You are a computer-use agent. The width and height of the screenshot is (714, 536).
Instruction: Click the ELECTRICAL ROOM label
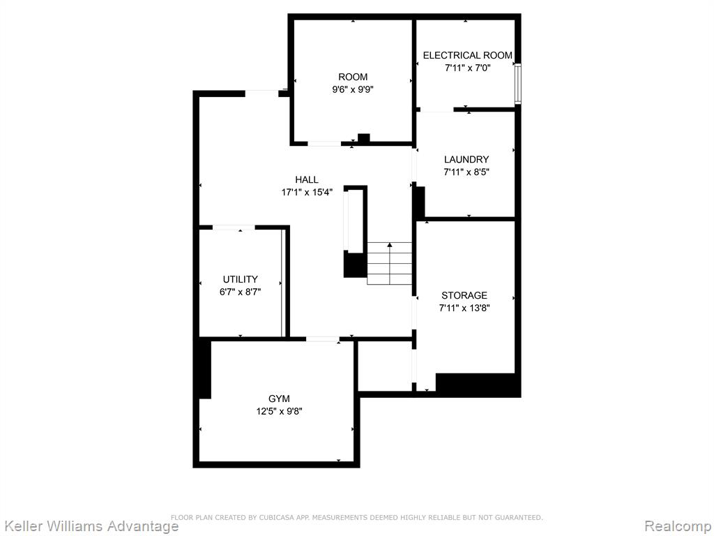(x=468, y=55)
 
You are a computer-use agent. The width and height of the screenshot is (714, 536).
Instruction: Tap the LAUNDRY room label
(x=466, y=160)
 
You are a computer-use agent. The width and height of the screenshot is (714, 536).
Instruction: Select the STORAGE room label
(x=464, y=295)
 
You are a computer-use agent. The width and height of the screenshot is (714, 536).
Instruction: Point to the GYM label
(x=279, y=399)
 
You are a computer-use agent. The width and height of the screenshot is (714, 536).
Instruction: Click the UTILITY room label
(x=240, y=279)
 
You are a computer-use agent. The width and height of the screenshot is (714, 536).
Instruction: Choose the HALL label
(x=307, y=179)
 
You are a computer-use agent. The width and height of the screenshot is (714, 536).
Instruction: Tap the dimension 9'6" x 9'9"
(x=353, y=90)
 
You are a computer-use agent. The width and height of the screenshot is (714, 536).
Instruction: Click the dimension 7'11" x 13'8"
(x=464, y=308)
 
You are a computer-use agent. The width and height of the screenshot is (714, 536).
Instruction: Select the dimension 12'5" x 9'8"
(x=279, y=412)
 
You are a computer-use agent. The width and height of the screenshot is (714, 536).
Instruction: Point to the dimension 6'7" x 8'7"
(x=240, y=292)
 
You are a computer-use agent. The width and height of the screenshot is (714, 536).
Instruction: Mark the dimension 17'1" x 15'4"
(x=307, y=193)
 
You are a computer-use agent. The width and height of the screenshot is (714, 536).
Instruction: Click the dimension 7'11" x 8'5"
(x=466, y=172)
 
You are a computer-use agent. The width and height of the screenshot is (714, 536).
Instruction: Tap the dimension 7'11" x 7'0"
(x=468, y=68)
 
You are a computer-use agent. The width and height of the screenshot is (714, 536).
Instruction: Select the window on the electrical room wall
(x=518, y=84)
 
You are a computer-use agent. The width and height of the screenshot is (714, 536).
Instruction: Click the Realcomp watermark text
(x=678, y=526)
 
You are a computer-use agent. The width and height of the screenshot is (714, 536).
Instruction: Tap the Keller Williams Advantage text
(x=90, y=526)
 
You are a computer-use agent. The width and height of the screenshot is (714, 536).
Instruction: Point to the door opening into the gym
(x=322, y=339)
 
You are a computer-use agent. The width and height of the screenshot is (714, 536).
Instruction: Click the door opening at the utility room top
(x=234, y=227)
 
